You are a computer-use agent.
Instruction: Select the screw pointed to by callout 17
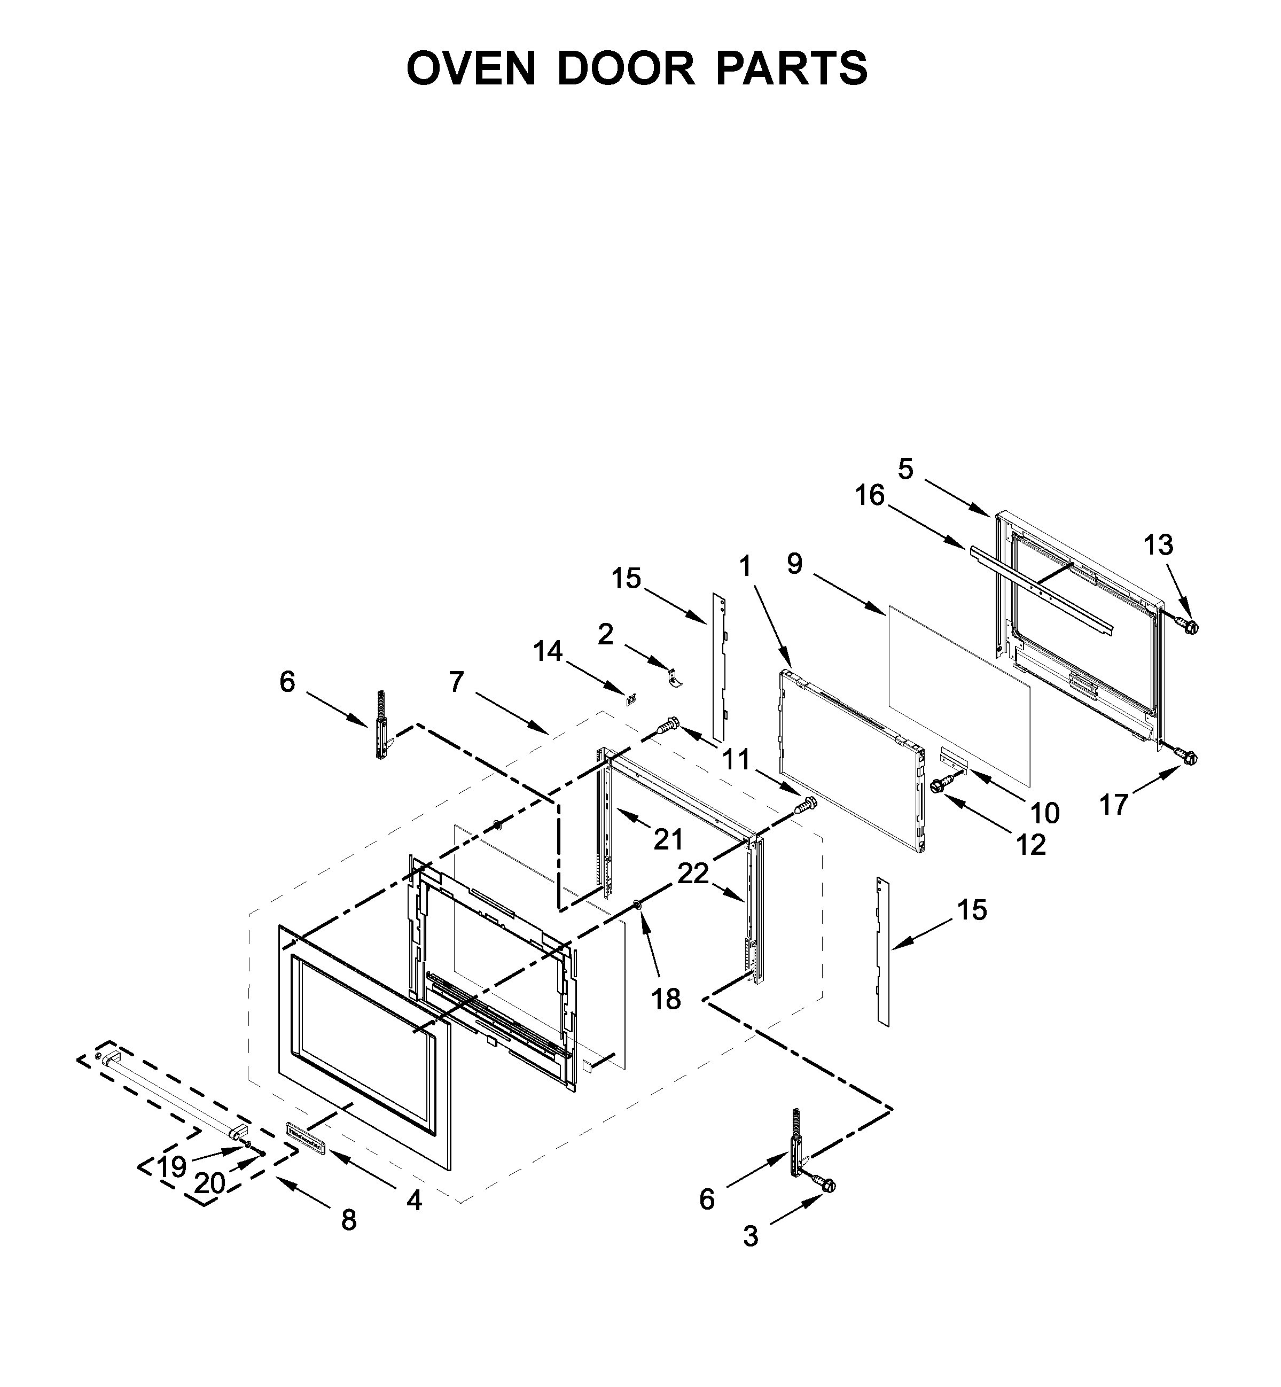coord(1188,757)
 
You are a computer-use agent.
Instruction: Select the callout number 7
coord(456,682)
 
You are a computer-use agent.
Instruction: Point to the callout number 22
coord(693,874)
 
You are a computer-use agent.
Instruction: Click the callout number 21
coord(669,839)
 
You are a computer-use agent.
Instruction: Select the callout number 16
coord(870,496)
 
